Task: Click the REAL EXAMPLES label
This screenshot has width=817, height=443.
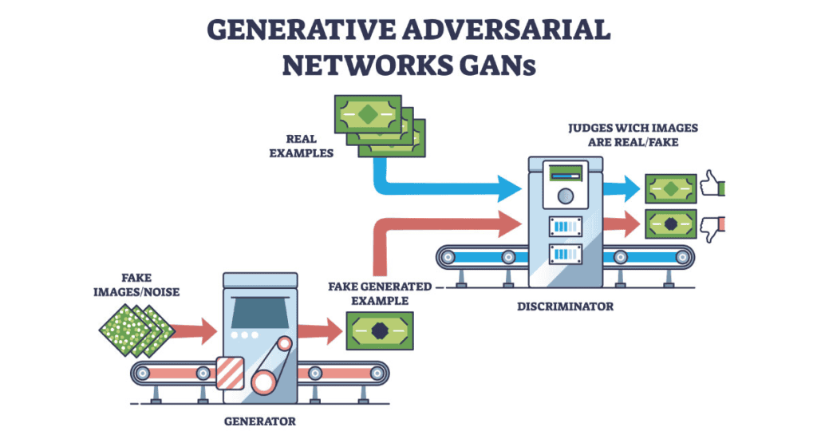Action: click(x=301, y=145)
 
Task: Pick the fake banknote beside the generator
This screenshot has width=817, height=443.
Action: click(x=381, y=328)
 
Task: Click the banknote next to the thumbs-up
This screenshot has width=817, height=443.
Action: click(x=671, y=188)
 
